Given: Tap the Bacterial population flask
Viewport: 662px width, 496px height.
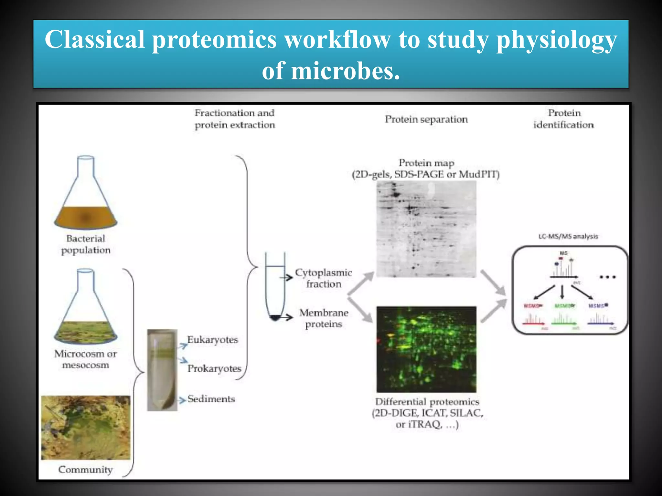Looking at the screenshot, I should click(86, 194).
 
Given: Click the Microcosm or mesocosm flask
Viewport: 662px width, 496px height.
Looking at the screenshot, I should click(86, 307).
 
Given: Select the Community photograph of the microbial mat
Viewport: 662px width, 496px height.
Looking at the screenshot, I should click(86, 427).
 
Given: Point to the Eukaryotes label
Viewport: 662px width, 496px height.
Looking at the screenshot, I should click(212, 340).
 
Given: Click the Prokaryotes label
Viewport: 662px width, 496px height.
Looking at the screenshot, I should click(214, 368).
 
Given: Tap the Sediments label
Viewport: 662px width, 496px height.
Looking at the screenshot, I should click(211, 399).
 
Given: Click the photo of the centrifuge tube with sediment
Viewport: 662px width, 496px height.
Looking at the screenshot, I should click(162, 370).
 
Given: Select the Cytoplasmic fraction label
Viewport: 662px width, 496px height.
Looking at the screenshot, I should click(323, 278).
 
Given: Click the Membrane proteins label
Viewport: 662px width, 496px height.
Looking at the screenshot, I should click(324, 318).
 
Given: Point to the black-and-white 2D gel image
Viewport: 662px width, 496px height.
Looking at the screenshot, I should click(426, 229).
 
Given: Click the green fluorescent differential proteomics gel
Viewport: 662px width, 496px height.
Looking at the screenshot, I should click(426, 349).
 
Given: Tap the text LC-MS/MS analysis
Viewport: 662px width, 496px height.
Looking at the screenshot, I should click(568, 236).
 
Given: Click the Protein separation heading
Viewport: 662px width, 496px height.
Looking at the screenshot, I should click(426, 119).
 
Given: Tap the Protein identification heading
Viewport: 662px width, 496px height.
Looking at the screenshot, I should click(564, 119).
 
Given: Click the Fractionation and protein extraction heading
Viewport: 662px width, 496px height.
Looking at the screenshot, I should click(235, 119).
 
